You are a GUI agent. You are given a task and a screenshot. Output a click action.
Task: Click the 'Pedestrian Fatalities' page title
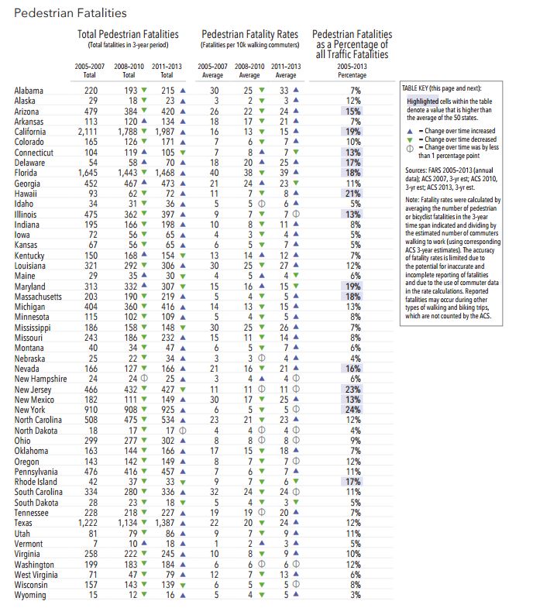[x=70, y=13]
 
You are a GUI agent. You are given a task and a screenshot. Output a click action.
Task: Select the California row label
[x=30, y=132]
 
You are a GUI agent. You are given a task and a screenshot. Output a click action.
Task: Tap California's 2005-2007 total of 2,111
[x=88, y=132]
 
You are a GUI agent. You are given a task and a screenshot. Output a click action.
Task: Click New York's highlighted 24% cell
[x=353, y=410]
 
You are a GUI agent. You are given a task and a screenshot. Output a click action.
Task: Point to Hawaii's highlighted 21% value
[x=353, y=194]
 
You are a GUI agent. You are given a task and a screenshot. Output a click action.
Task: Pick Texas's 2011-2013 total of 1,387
[x=165, y=523]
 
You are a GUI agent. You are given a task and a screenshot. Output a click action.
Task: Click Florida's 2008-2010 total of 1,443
[x=128, y=173]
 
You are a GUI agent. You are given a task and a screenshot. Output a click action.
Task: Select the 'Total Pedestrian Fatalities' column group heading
[x=128, y=34]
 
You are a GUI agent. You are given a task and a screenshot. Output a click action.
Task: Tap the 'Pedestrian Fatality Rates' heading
[x=249, y=34]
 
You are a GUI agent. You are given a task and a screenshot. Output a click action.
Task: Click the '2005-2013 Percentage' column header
[x=352, y=70]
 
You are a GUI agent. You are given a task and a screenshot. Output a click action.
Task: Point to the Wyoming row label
[x=30, y=595]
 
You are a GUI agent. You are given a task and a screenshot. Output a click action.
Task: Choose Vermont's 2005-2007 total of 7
[x=95, y=544]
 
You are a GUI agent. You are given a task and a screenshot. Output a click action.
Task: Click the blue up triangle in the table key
[x=410, y=131]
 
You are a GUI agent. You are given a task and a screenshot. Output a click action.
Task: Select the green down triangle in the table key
[x=410, y=139]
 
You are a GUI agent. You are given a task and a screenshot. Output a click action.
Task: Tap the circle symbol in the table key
[x=410, y=149]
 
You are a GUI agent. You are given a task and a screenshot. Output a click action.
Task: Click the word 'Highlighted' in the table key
[x=422, y=101]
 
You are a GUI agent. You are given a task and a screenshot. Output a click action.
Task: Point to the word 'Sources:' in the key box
[x=416, y=170]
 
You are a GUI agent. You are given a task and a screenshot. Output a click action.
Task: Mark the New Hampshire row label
[x=41, y=379]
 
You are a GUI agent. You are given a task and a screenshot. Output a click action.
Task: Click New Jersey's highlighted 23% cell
[x=353, y=390]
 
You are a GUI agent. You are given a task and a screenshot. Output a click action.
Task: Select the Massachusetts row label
[x=38, y=297]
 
